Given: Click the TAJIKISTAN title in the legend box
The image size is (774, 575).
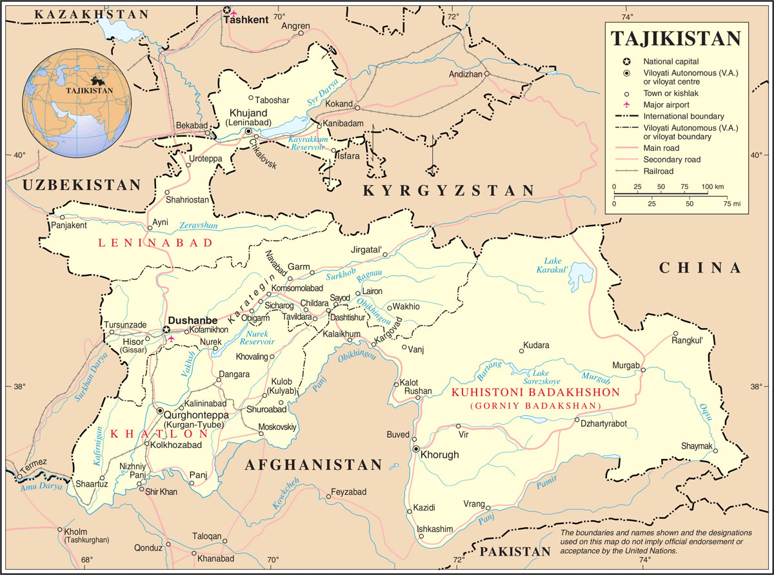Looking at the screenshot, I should click(x=675, y=38).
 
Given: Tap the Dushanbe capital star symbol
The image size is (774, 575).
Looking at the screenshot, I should click(x=166, y=329).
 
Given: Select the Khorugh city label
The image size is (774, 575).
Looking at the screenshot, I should click(x=439, y=454).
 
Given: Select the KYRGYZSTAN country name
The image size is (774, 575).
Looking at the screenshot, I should click(x=448, y=190).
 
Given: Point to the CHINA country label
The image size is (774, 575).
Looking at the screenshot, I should click(x=700, y=268).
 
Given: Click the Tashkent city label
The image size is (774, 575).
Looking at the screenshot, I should click(x=246, y=20).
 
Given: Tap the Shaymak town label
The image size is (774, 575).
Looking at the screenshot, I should click(x=697, y=447).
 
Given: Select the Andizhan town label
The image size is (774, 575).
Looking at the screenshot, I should click(x=466, y=74).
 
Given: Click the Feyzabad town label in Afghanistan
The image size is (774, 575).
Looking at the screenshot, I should click(x=348, y=493).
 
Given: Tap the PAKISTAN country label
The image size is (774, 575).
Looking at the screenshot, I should click(x=514, y=552).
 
